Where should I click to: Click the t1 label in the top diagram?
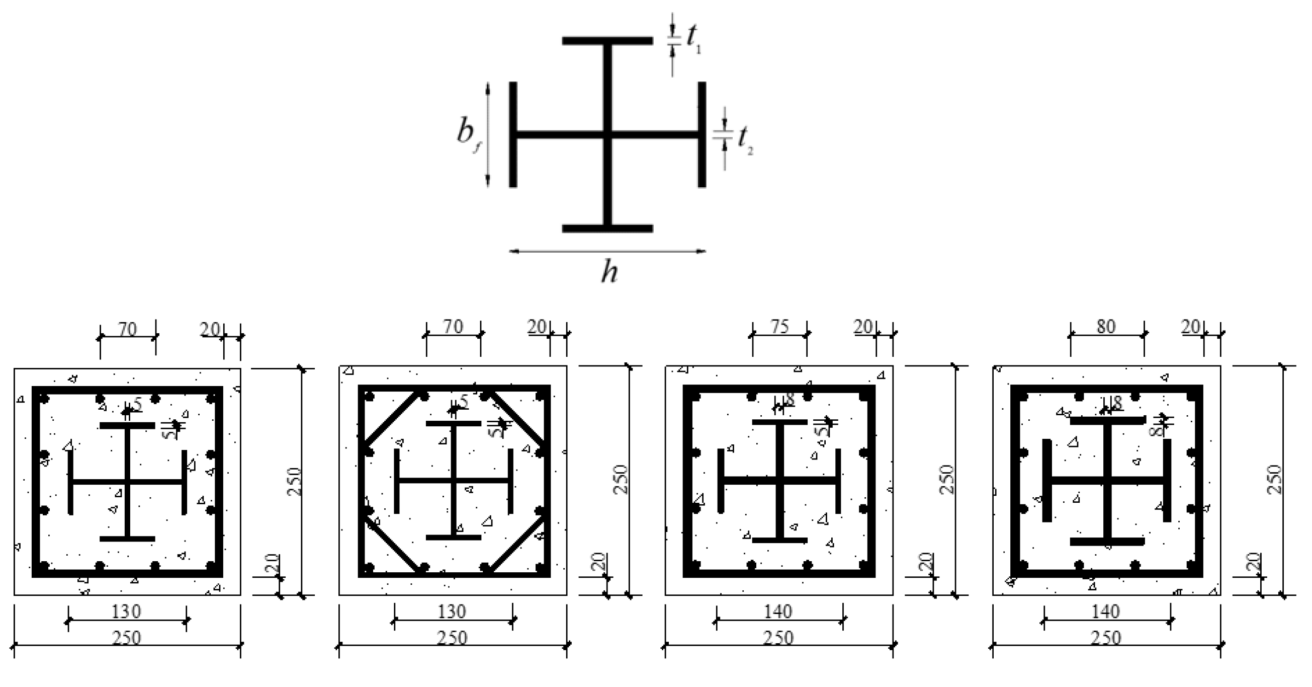point(693,39)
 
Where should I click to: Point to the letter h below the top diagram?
point(609,271)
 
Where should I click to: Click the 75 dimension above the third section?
point(780,327)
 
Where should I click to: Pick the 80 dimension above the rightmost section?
point(1106,327)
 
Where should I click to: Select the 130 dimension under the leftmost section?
point(126,612)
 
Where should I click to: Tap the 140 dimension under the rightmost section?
point(1106,612)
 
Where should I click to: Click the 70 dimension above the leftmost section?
point(128,330)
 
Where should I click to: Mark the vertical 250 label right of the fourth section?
point(1273,479)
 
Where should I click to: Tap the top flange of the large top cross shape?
point(607,41)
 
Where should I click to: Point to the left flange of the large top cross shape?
point(513,134)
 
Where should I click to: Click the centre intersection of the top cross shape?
point(607,135)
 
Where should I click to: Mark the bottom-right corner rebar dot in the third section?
point(863,565)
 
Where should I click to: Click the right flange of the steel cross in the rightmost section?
point(1167,480)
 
